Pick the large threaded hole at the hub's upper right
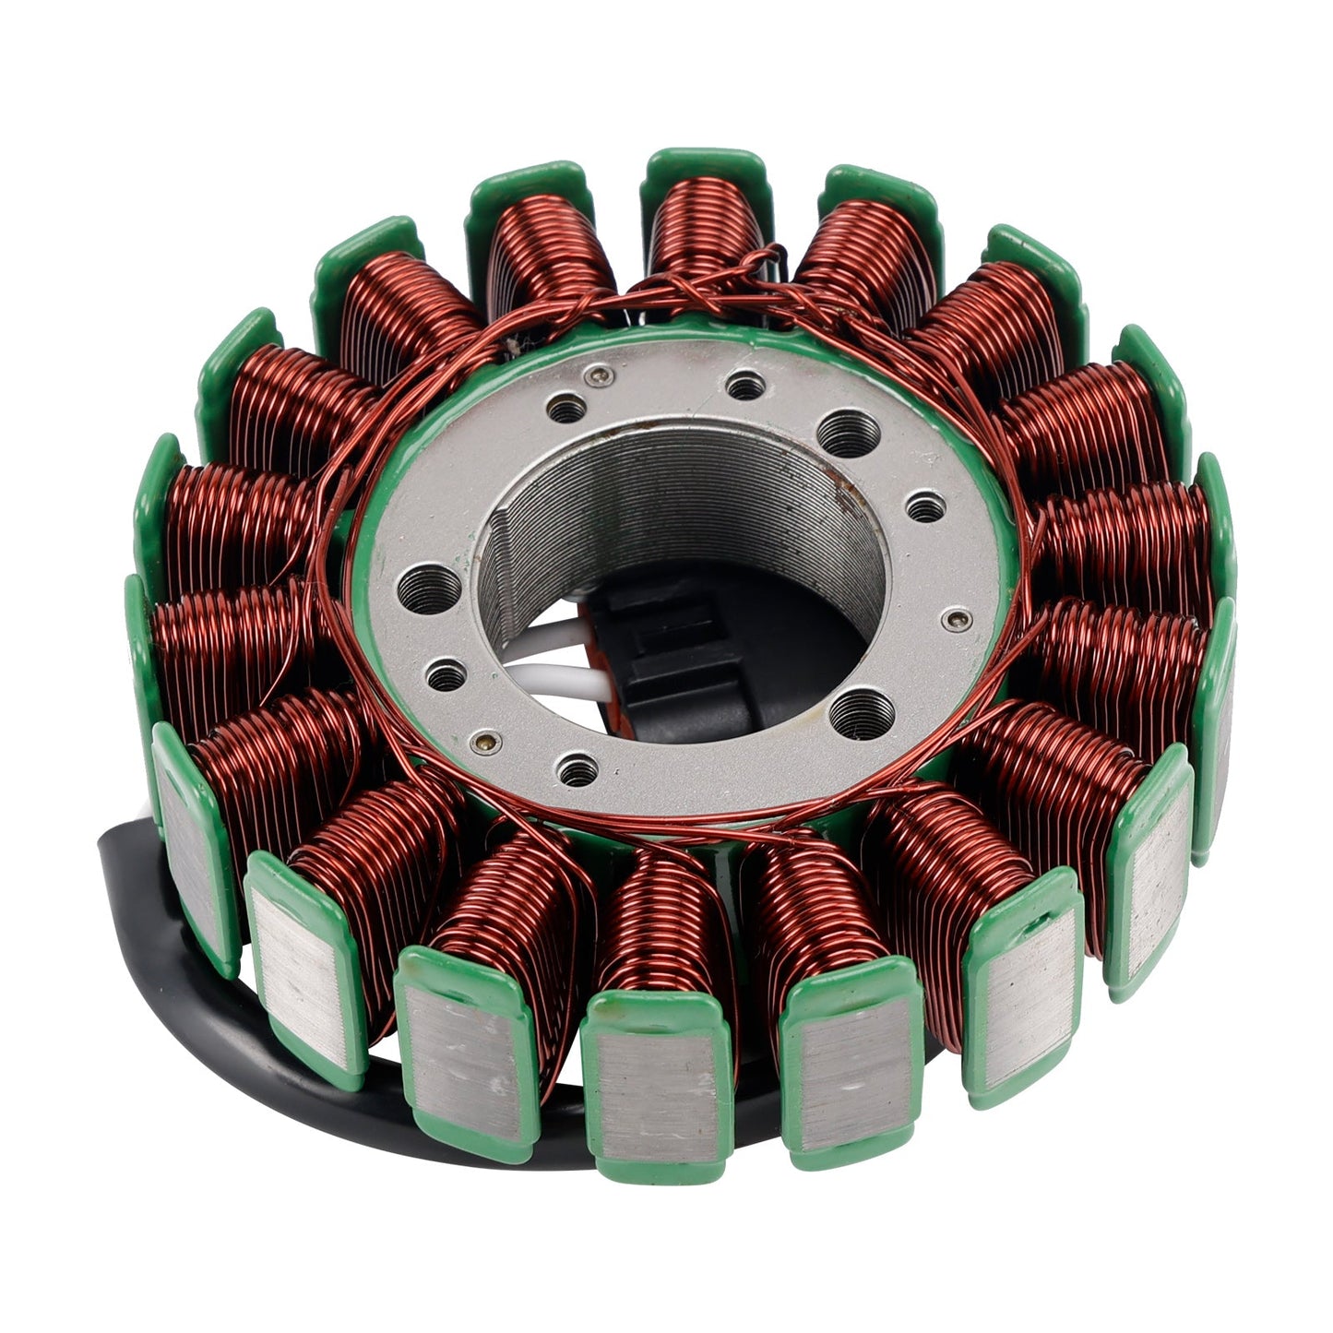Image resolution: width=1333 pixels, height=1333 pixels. [x=846, y=431]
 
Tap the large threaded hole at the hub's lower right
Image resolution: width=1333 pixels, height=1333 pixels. [x=862, y=711]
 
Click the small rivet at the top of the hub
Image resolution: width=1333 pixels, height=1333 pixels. [x=602, y=374]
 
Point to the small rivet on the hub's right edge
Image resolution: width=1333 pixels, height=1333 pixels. [x=958, y=618]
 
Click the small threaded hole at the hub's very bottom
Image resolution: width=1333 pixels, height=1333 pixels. [x=577, y=768]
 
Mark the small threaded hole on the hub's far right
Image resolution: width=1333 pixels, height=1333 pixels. [x=925, y=507]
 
